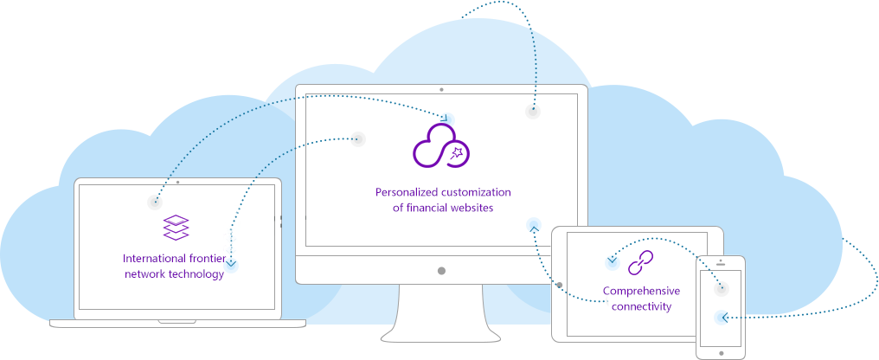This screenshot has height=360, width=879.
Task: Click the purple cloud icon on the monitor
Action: (440, 146)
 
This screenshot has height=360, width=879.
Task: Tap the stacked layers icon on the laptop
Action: (176, 228)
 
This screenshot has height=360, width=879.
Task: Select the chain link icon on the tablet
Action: (640, 261)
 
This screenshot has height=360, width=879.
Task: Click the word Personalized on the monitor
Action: (408, 192)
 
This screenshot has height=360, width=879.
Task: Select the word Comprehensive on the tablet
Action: (641, 291)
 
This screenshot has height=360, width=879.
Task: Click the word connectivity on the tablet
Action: (641, 306)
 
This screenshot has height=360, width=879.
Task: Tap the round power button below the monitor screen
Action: (441, 271)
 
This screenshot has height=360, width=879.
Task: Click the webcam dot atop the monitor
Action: (441, 89)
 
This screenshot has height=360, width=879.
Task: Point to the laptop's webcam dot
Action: (178, 183)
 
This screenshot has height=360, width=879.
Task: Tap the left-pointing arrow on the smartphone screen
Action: (722, 318)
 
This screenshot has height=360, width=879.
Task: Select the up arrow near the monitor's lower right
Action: (533, 228)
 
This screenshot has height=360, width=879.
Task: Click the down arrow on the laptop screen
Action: (231, 263)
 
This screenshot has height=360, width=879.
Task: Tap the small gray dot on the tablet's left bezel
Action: (560, 284)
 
